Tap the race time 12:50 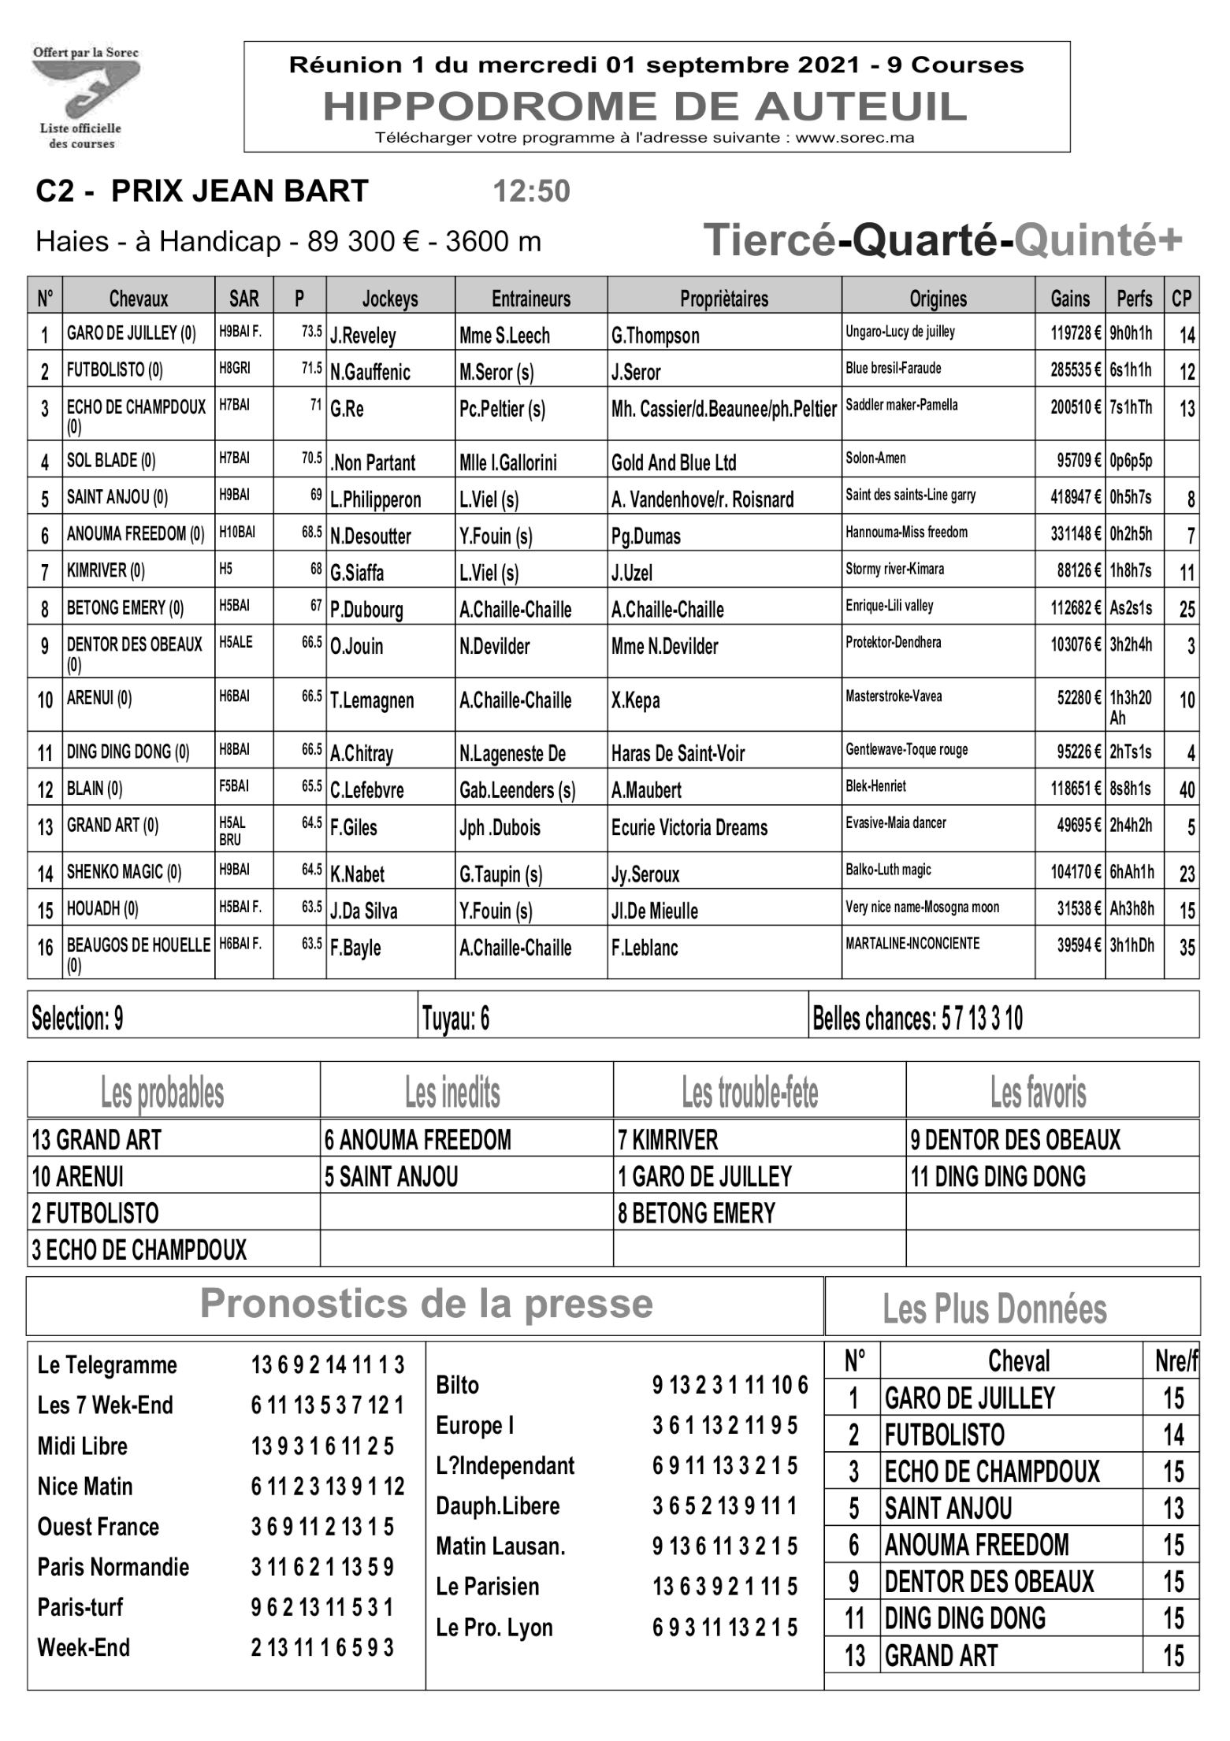point(531,191)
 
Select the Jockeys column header point(390,299)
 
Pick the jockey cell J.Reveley point(363,336)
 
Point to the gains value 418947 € point(1075,497)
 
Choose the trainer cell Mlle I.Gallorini point(507,462)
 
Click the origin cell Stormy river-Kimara point(894,569)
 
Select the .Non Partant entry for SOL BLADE point(373,462)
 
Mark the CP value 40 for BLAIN point(1186,789)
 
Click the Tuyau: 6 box point(456,1019)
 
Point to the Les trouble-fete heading point(749,1092)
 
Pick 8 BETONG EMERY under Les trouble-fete point(697,1213)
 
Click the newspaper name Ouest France point(98,1526)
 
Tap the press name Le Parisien point(488,1586)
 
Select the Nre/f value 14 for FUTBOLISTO point(1172,1435)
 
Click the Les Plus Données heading point(994,1309)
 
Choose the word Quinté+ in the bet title point(1098,240)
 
